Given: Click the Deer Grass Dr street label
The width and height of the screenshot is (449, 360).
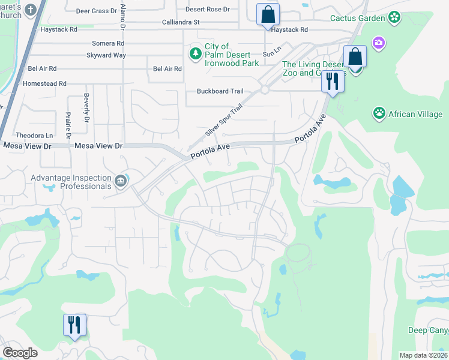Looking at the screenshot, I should coord(96,11).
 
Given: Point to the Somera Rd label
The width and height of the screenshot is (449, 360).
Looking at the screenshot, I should coord(108,43).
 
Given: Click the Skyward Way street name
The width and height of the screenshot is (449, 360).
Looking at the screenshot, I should coord(106,55).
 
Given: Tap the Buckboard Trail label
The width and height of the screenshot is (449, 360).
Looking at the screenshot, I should coord(220,91).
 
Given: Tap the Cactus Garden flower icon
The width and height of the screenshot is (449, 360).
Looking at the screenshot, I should coord(394,17).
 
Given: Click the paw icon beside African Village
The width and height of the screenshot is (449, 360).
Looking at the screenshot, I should coord(379,113).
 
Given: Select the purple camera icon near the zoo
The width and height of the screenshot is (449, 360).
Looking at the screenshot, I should coord(378,43).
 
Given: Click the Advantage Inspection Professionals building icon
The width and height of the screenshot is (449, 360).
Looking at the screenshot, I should coord(120,181).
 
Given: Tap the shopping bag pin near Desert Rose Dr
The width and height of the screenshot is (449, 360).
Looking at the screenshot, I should coord(267,14).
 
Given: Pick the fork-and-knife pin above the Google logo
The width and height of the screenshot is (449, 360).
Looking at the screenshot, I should coord(74,325).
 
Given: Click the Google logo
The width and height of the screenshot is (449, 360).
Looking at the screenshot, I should coord(20,353).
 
